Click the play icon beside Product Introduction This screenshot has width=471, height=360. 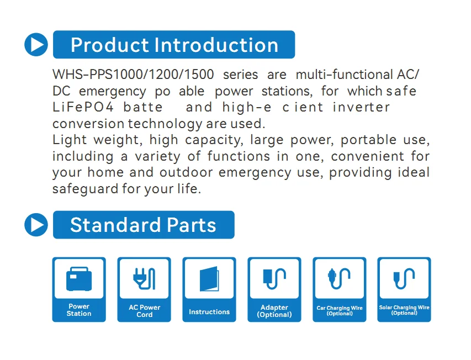[36, 45]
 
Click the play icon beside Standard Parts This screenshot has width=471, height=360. [36, 225]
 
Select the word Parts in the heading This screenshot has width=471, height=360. [188, 225]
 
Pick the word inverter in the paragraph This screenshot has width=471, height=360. [361, 107]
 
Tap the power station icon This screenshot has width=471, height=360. [79, 279]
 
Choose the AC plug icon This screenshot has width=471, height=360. [144, 279]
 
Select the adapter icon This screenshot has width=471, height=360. [274, 279]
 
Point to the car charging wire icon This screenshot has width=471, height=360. [340, 279]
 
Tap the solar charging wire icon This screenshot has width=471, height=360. [404, 279]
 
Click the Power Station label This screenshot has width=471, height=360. [79, 310]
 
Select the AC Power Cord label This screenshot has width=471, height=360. [144, 311]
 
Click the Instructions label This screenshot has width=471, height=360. [209, 312]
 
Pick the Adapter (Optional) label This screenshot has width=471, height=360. [274, 311]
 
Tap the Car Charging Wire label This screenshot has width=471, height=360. [340, 310]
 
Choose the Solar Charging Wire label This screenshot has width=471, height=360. [404, 310]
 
